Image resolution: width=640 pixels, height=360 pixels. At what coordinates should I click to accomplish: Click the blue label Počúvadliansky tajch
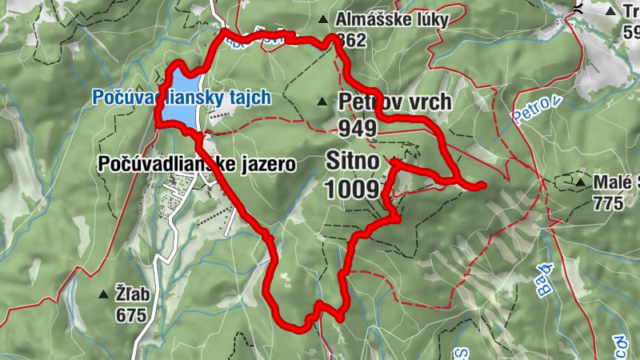pos(182,98)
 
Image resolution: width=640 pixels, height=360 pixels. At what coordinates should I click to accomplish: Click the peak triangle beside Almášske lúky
pos(322,19)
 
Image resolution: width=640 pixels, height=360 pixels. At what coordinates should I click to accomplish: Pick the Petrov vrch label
pos(394,102)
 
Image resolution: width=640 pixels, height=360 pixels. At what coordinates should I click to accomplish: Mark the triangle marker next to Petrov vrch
pos(322,102)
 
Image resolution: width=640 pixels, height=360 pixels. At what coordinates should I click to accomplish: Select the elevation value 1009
pos(352,189)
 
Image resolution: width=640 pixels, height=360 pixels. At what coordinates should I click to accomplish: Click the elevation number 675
pos(131,314)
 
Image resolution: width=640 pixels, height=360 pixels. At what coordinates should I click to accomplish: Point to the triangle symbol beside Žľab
pos(103,294)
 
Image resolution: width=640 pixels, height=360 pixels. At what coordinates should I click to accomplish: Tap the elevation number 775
pos(608,203)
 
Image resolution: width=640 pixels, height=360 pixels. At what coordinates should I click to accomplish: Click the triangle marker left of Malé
pos(580,182)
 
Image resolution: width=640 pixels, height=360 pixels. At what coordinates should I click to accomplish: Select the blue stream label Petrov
pos(534,110)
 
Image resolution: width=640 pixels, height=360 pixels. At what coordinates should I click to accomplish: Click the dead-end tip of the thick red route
pos(482,186)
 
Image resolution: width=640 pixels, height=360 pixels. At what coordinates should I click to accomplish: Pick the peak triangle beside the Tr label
pos(610,11)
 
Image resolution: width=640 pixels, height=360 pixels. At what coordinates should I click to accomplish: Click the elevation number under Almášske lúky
pos(352,40)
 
